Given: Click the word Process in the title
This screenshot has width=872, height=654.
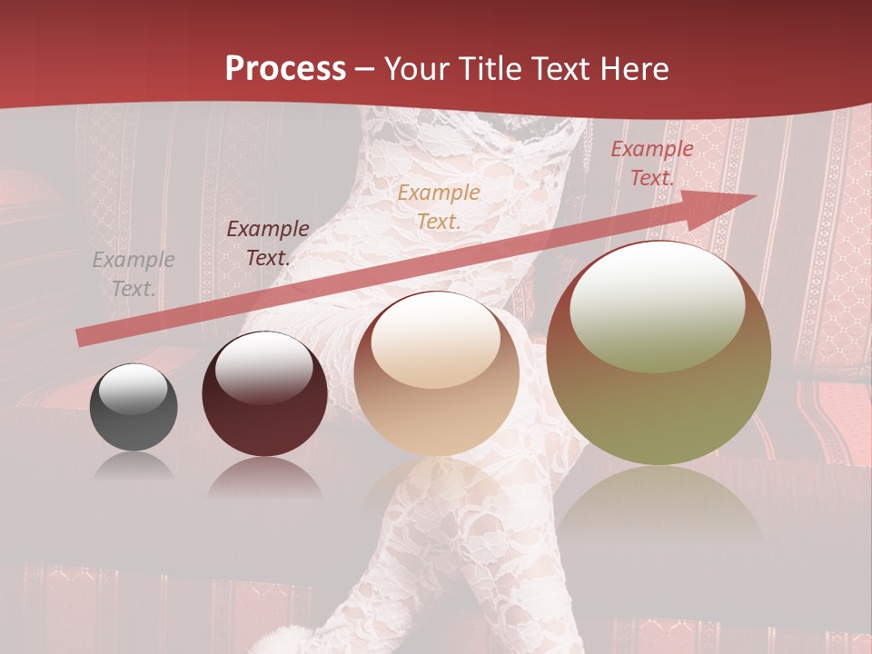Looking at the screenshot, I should pyautogui.click(x=285, y=69).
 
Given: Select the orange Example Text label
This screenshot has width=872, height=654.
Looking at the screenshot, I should pyautogui.click(x=439, y=206).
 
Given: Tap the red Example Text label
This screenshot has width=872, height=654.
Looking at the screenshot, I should pyautogui.click(x=651, y=163).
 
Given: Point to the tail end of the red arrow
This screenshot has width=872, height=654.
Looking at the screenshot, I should pyautogui.click(x=84, y=338).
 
